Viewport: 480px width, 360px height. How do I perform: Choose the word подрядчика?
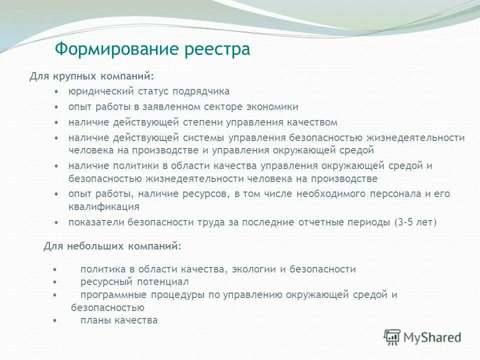201,91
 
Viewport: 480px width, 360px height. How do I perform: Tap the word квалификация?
104,206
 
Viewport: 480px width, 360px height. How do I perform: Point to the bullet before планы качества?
54,321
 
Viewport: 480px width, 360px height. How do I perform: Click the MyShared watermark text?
433,337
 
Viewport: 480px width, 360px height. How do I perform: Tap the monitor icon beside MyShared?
393,337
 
